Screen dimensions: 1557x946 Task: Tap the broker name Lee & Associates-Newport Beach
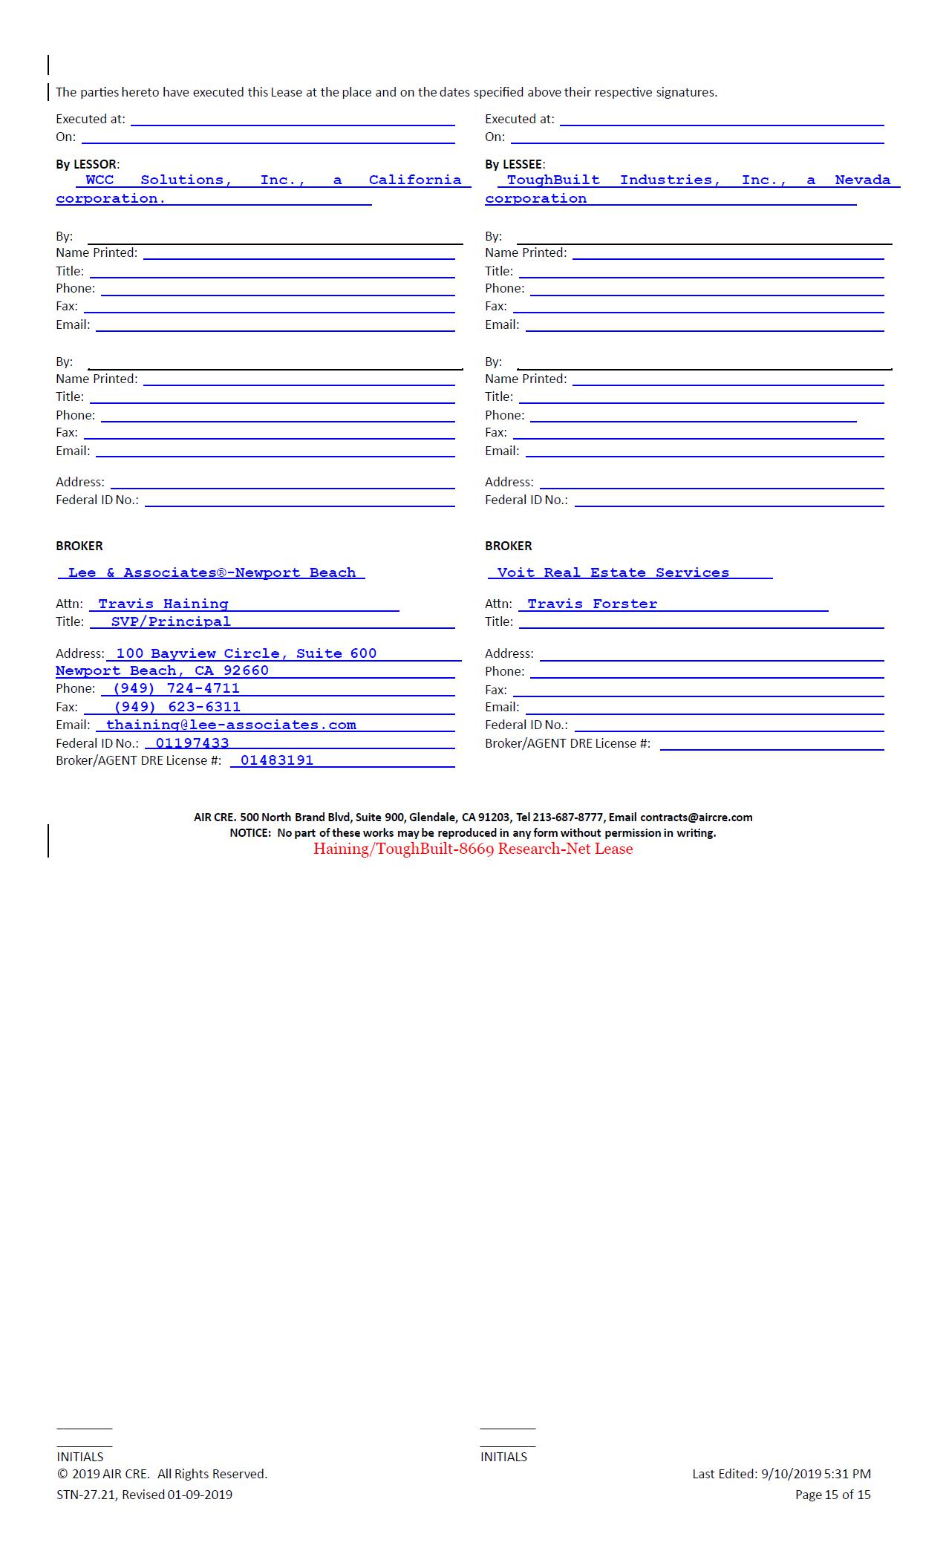tap(212, 572)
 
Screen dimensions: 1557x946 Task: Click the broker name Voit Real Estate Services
tap(613, 572)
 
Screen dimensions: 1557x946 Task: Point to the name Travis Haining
tap(163, 604)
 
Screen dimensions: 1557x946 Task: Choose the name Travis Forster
tap(592, 604)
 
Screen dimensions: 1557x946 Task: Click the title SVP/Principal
tap(171, 621)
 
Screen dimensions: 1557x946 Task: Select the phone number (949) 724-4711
tap(176, 688)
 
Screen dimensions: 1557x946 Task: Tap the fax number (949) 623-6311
tap(177, 707)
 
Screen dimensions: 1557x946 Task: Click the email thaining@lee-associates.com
tap(231, 725)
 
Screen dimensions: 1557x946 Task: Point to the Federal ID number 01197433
tap(192, 743)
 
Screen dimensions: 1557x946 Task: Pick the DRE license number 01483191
tap(277, 760)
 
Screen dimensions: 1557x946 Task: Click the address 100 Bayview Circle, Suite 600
tap(246, 653)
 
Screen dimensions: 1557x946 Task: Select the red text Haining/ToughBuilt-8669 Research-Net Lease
tap(473, 849)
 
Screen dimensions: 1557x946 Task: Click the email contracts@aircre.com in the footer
tap(696, 817)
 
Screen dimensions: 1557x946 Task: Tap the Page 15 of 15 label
tap(832, 1495)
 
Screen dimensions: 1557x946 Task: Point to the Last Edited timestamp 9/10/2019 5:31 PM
tap(816, 1474)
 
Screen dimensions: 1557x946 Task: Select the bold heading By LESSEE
tap(514, 164)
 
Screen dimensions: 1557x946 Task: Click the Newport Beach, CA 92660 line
tap(162, 670)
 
